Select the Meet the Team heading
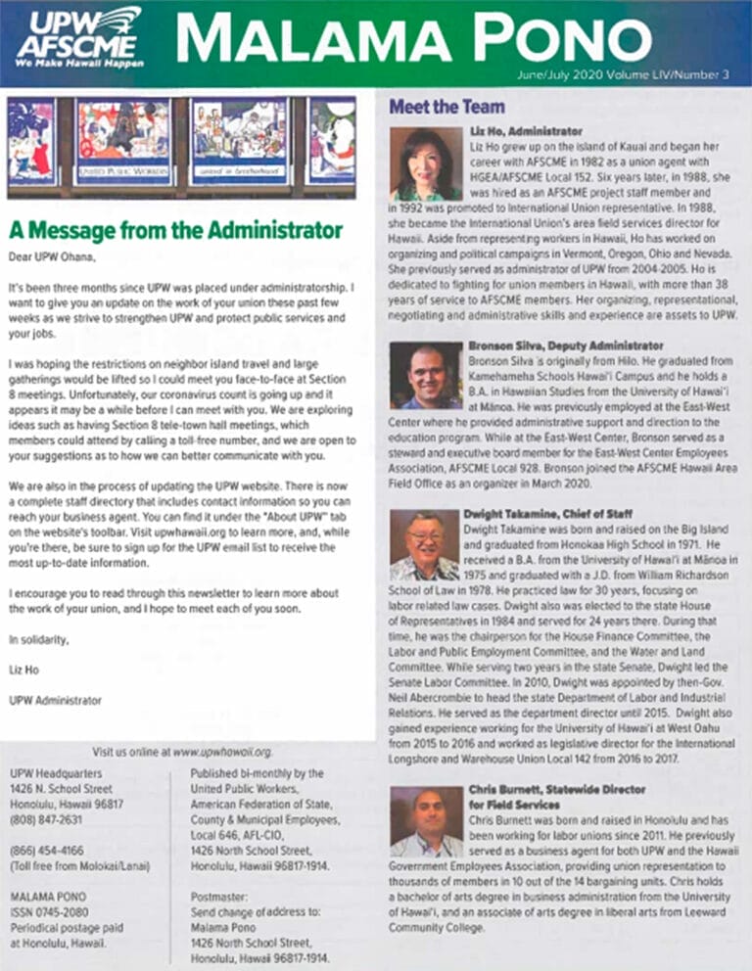click(x=446, y=106)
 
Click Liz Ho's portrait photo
click(x=425, y=163)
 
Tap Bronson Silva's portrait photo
click(x=425, y=375)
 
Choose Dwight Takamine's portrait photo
click(x=425, y=545)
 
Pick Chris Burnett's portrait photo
click(x=425, y=821)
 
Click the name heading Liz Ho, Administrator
click(x=526, y=130)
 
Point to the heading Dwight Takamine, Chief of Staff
click(x=547, y=514)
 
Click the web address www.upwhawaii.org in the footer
click(x=221, y=752)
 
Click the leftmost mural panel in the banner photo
click(x=31, y=142)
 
